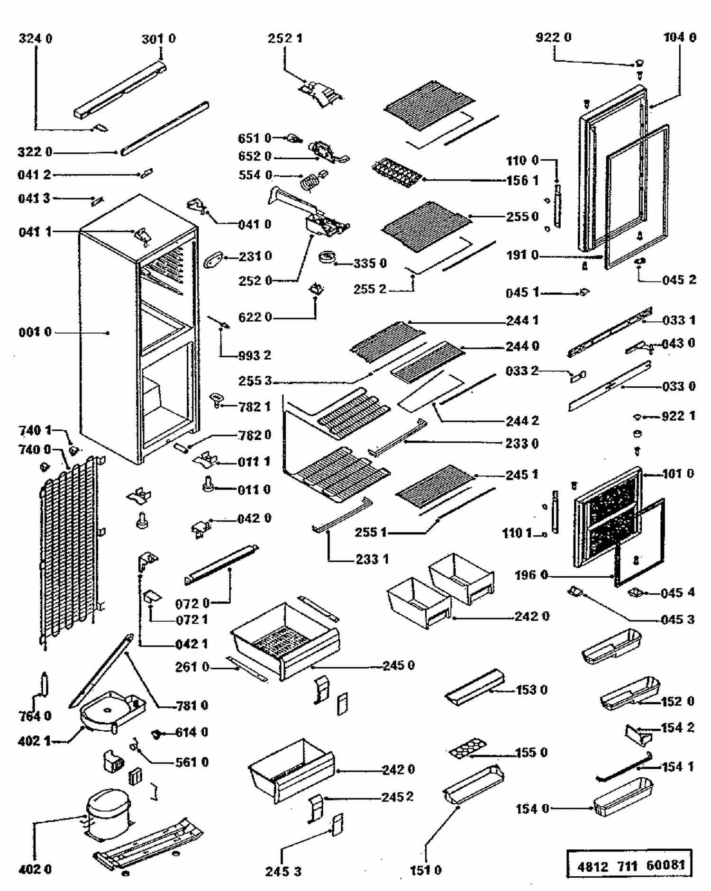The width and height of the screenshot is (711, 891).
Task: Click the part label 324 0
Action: [x=36, y=38]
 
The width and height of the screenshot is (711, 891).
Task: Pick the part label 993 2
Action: [x=255, y=355]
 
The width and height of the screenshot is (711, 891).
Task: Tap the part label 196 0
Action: [x=531, y=575]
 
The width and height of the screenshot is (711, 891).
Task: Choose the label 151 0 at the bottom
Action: [x=425, y=870]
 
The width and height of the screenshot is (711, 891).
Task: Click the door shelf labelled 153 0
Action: [x=474, y=687]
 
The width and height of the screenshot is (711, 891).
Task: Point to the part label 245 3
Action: [x=283, y=872]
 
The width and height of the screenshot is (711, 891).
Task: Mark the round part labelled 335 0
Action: [x=327, y=257]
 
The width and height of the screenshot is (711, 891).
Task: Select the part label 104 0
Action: [x=680, y=37]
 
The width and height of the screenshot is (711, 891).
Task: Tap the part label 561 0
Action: [x=192, y=763]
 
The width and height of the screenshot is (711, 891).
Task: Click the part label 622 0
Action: [x=255, y=317]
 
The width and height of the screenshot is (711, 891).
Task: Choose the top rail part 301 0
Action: [x=121, y=89]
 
